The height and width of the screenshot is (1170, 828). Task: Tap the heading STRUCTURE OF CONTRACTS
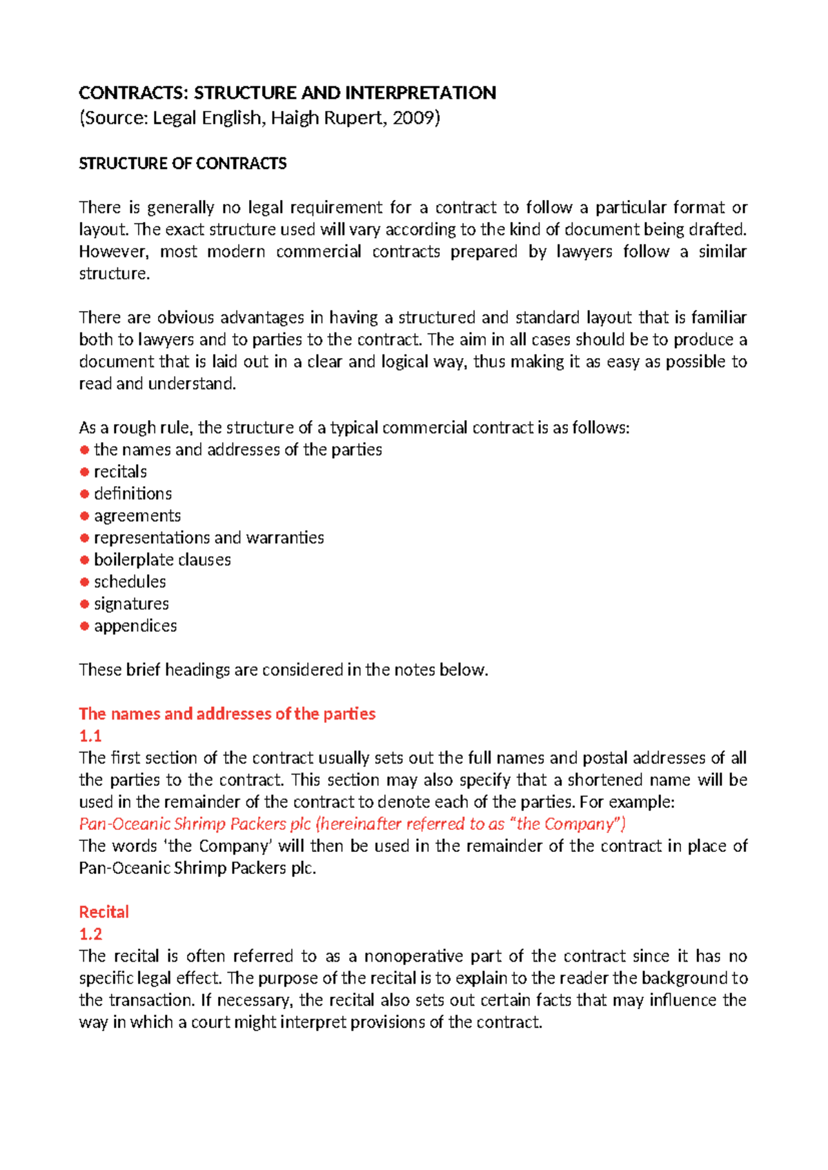click(x=182, y=163)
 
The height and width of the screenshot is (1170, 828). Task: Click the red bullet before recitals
click(x=84, y=472)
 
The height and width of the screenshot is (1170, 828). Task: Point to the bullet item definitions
click(x=132, y=494)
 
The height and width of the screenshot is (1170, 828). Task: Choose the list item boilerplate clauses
click(x=162, y=560)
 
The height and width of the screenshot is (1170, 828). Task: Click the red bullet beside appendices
click(x=84, y=626)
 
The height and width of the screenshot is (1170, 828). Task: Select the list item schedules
click(x=130, y=582)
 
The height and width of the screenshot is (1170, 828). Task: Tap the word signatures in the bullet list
click(x=131, y=604)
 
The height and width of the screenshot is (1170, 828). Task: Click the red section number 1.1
click(x=90, y=736)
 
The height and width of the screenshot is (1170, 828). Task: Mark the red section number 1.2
click(x=90, y=935)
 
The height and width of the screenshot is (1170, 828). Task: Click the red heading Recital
click(x=103, y=912)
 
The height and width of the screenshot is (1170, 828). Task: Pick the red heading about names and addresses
click(x=227, y=714)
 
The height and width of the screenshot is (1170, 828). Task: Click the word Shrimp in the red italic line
click(x=199, y=824)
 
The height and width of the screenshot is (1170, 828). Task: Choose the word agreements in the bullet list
click(x=137, y=516)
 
